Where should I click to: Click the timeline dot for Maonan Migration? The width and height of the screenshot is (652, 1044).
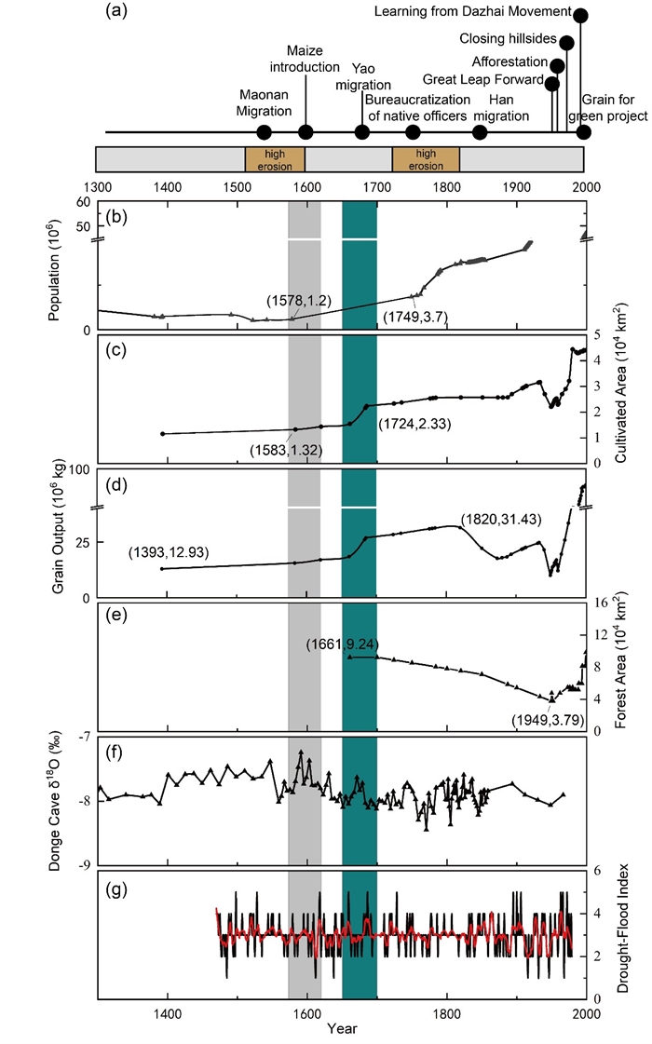pyautogui.click(x=264, y=132)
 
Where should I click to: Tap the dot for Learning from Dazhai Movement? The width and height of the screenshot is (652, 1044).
pyautogui.click(x=581, y=15)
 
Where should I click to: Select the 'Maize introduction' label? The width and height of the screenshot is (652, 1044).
pyautogui.click(x=312, y=58)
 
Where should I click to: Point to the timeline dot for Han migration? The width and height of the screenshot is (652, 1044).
pyautogui.click(x=480, y=132)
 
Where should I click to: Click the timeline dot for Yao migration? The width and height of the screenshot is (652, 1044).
pyautogui.click(x=361, y=132)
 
